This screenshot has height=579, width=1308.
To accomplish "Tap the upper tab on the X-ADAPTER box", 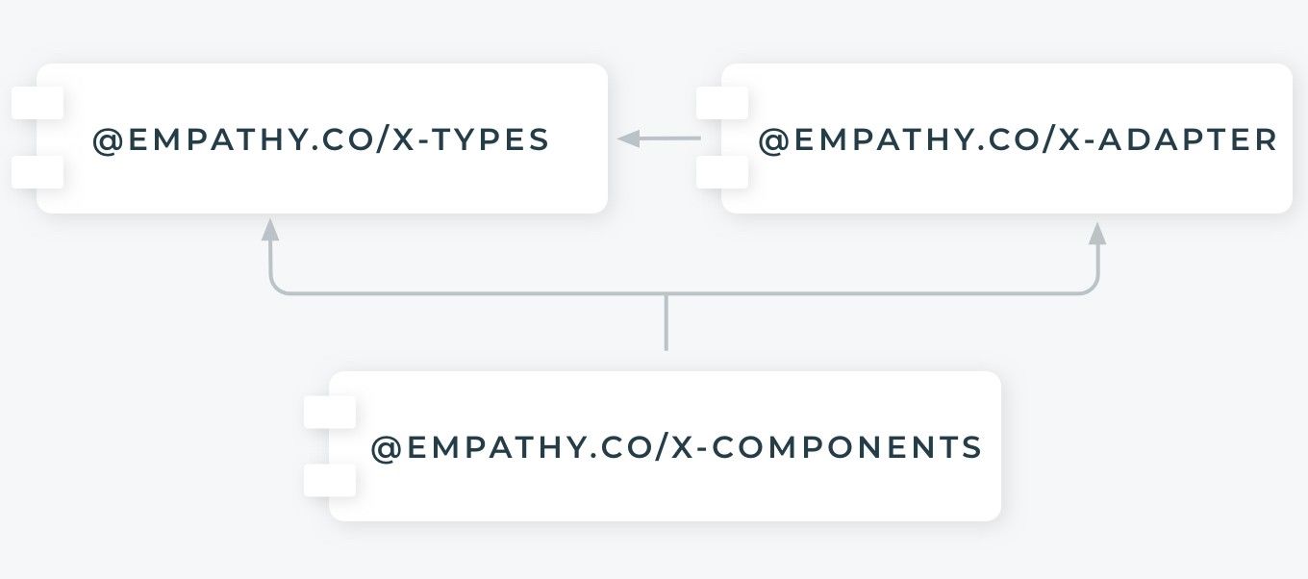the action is click(x=722, y=103).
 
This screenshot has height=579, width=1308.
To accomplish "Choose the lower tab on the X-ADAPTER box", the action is click(x=722, y=173).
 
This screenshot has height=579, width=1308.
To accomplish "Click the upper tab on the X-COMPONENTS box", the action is click(x=330, y=412).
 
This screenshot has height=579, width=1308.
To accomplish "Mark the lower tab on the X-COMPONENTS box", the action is click(x=330, y=481).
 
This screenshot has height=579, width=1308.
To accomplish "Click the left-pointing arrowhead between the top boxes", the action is click(x=629, y=139).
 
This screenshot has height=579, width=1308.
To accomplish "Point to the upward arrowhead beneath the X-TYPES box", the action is click(x=270, y=230).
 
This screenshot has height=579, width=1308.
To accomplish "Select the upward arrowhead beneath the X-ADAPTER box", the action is click(x=1097, y=233).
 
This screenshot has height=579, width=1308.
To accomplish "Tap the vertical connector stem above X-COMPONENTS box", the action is click(x=666, y=323).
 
